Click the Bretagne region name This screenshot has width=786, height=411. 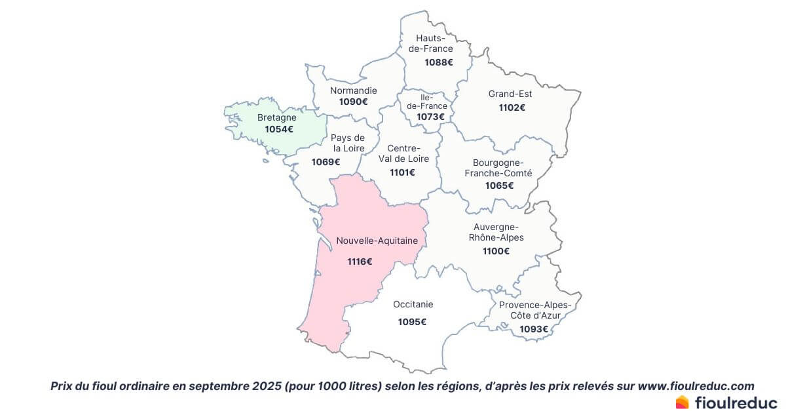[x=276, y=118]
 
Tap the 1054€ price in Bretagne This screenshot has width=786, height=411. [x=279, y=130]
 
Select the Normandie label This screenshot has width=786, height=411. [x=353, y=90]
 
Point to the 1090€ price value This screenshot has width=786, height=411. [x=353, y=102]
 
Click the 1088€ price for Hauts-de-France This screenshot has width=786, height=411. [x=438, y=63]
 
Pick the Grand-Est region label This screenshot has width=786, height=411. [x=510, y=94]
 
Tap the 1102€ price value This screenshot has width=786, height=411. [x=512, y=108]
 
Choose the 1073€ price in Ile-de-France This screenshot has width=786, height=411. [x=430, y=117]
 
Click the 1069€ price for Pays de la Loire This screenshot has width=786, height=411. [x=326, y=162]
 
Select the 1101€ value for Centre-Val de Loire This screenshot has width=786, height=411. [x=403, y=172]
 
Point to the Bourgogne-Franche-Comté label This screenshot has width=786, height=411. [x=498, y=168]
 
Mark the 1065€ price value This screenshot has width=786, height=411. [x=499, y=186]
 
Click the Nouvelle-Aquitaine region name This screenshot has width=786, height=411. [x=377, y=241]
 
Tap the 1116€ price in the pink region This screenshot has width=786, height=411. [x=360, y=262]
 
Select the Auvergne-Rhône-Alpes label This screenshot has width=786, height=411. [x=496, y=232]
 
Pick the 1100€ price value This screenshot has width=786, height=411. [x=496, y=251]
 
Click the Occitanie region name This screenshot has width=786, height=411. [x=413, y=305]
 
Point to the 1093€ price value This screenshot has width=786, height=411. [x=534, y=329]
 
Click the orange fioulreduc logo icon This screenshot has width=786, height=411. [x=682, y=402]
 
